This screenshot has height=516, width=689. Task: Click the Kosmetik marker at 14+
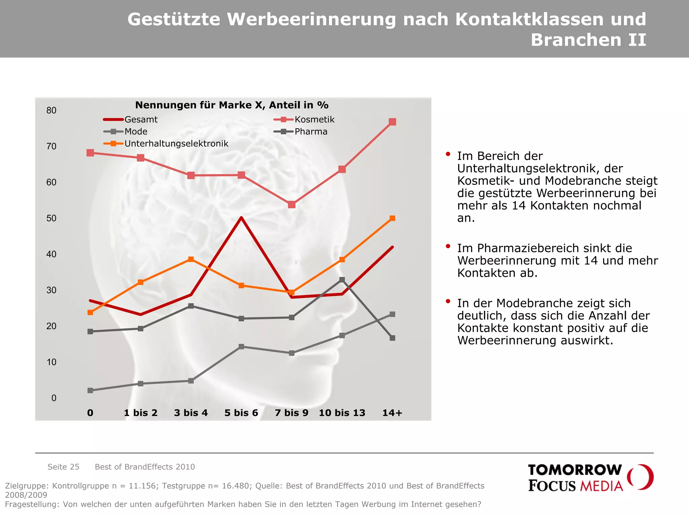(392, 122)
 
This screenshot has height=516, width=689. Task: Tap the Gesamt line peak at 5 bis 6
(241, 218)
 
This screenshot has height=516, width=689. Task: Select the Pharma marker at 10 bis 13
(342, 279)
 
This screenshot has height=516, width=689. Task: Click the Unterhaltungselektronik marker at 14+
(392, 218)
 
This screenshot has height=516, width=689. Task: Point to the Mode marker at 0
(90, 390)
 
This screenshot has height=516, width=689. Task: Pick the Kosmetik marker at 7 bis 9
(292, 205)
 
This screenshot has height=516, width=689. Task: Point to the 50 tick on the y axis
(51, 218)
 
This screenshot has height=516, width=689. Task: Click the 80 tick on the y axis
(51, 111)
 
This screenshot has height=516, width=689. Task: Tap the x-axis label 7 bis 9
(291, 413)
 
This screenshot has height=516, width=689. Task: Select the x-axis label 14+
(392, 413)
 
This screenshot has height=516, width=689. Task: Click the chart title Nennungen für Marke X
(231, 105)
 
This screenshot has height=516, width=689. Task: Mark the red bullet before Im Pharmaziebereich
(448, 246)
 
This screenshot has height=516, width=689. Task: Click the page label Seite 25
(63, 467)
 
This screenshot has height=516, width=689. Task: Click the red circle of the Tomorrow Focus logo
(641, 477)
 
